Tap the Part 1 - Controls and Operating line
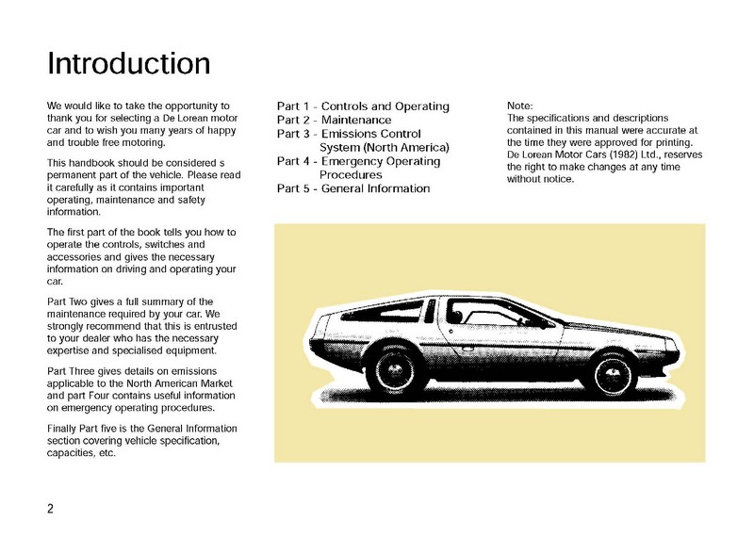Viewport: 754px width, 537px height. (x=363, y=106)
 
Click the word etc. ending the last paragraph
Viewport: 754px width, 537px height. (x=105, y=454)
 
